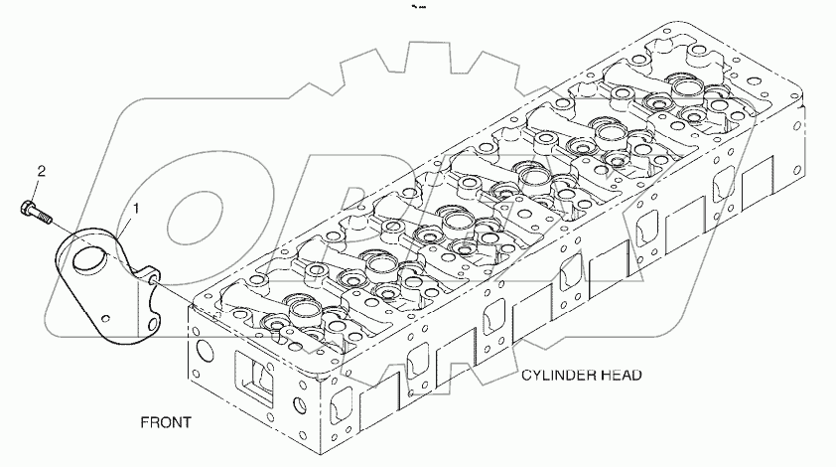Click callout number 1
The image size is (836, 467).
pyautogui.click(x=136, y=208)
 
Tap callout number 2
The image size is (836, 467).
pyautogui.click(x=41, y=171)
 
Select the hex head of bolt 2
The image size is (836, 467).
pyautogui.click(x=27, y=209)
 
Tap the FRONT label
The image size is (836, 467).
pyautogui.click(x=166, y=421)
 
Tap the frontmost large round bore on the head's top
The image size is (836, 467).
pyautogui.click(x=299, y=313)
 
